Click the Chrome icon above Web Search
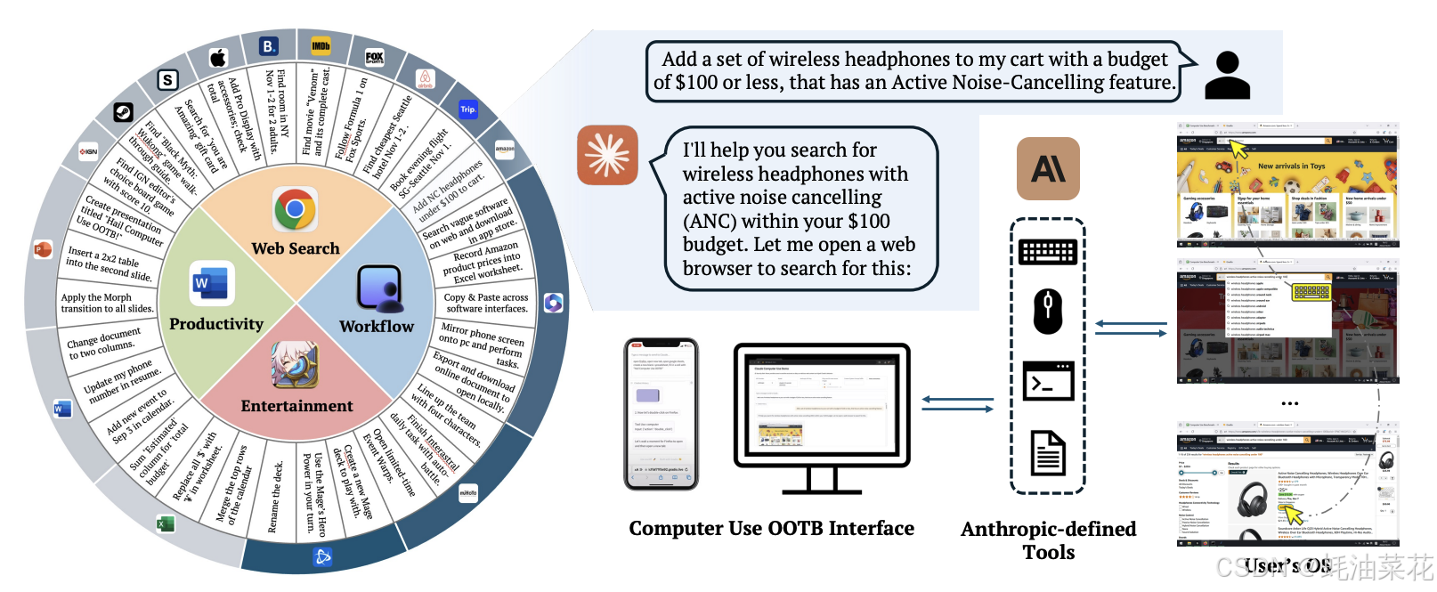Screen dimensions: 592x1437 tap(295, 210)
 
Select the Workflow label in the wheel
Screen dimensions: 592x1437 tap(377, 327)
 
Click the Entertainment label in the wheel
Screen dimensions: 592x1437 tap(296, 406)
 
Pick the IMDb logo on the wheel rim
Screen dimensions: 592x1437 tap(321, 45)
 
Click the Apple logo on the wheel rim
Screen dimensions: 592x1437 tap(218, 58)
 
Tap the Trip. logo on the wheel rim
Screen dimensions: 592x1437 tap(468, 109)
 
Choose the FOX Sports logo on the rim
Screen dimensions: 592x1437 tap(375, 57)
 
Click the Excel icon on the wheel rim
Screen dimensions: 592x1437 tap(165, 523)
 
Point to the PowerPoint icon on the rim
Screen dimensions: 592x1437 tap(41, 249)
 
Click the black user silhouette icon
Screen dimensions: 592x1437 tap(1227, 75)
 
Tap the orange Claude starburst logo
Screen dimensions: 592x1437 tap(607, 155)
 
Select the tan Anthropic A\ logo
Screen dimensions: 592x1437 tap(1048, 168)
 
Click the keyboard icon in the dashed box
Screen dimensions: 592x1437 tap(1048, 252)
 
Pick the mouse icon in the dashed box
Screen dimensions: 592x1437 tap(1048, 311)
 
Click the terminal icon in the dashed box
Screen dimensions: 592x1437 tap(1048, 381)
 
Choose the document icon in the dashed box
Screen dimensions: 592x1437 tap(1048, 451)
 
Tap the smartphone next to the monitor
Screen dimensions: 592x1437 tap(661, 414)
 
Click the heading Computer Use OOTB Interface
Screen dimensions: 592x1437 tap(771, 529)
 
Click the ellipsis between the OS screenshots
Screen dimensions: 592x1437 tap(1289, 403)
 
